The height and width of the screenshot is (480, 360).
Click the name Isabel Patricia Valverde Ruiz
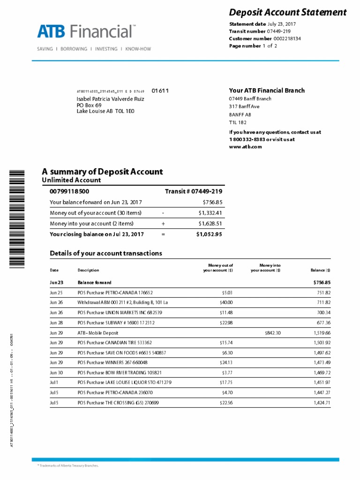pos(110,99)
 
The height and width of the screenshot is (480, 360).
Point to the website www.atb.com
pos(245,147)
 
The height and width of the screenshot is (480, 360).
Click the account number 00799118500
pos(69,192)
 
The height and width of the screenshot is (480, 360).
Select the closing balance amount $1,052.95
pos(209,234)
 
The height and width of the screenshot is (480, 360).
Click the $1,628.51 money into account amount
pos(210,224)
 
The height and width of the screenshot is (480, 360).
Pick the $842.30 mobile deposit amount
pos(272,332)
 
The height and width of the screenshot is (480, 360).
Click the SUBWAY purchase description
pos(116,322)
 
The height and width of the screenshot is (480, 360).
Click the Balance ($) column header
pos(321,270)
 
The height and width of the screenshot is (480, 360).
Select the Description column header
pos(88,270)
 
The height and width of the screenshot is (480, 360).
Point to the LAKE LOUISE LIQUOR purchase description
pos(124,382)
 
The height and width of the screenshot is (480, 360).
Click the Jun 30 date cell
pos(56,373)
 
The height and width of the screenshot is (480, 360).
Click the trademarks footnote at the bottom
pos(68,466)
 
